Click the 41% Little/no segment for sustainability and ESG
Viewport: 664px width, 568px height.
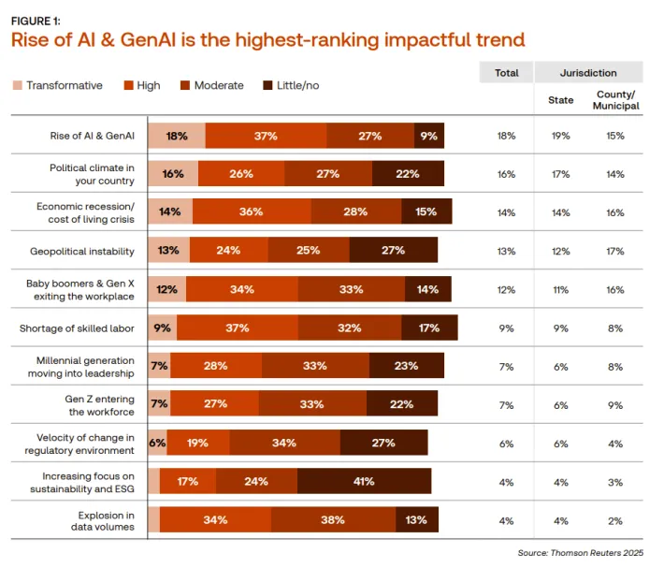pos(364,481)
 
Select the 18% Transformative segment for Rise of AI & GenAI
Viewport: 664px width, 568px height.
pos(176,136)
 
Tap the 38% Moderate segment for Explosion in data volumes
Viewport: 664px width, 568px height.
pos(333,519)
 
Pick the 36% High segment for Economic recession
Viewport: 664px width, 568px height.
pos(251,211)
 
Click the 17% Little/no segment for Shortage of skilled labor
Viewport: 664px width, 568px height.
pos(429,328)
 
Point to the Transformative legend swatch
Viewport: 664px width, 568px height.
pos(17,85)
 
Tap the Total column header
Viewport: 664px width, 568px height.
pos(506,72)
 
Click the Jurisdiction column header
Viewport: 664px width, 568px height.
pos(587,72)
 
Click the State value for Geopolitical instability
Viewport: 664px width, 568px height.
pos(560,251)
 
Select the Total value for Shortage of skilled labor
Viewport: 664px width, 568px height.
pos(506,328)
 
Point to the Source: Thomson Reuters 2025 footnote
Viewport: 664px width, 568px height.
pos(580,553)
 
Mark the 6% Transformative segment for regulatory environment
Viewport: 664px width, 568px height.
pos(157,443)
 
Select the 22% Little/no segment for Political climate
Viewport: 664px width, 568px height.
pos(408,174)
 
